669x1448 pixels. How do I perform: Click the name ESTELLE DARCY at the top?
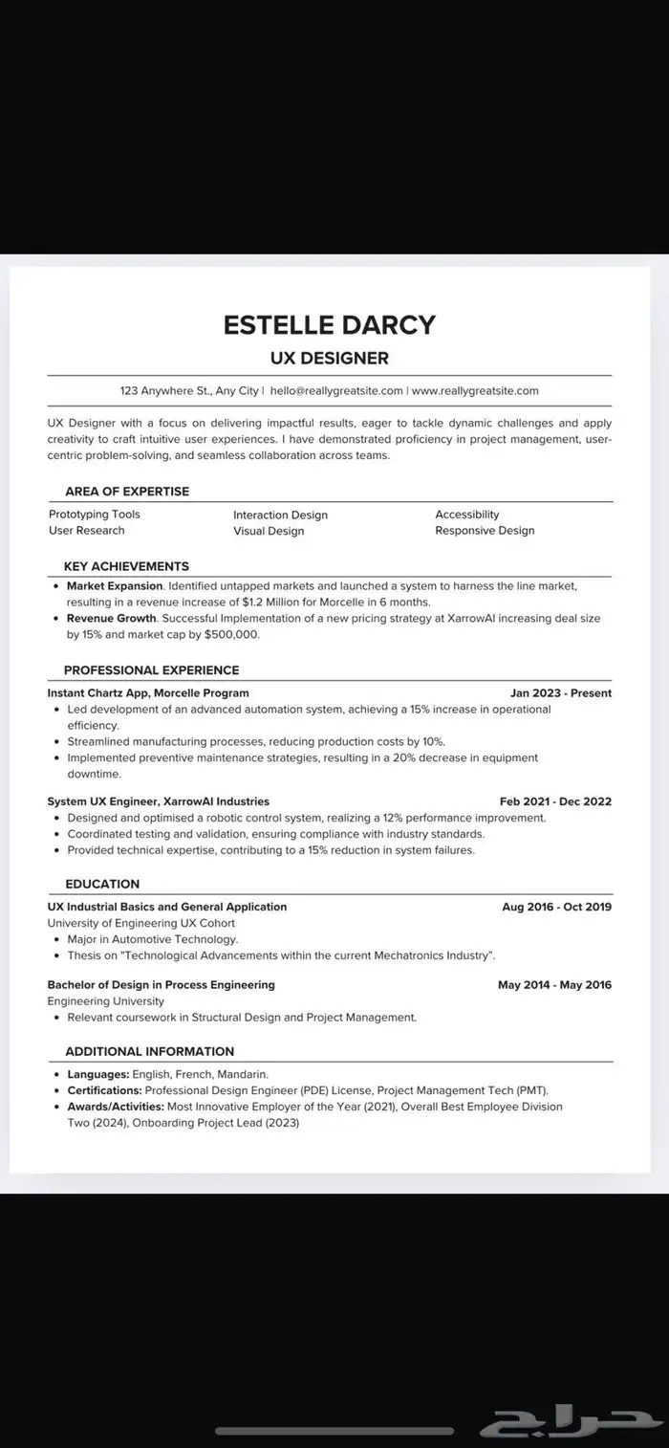pyautogui.click(x=329, y=324)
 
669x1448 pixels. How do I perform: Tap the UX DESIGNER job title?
pyautogui.click(x=330, y=359)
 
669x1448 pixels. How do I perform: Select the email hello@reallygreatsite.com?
pyautogui.click(x=336, y=390)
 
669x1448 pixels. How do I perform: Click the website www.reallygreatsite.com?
pyautogui.click(x=475, y=390)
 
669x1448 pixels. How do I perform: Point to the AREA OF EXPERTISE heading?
pyautogui.click(x=127, y=492)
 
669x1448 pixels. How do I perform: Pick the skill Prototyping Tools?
pyautogui.click(x=94, y=515)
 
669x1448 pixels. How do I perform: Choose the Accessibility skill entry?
pyautogui.click(x=467, y=515)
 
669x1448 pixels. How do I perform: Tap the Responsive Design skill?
pyautogui.click(x=485, y=531)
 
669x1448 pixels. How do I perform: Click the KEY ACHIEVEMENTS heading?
pyautogui.click(x=126, y=566)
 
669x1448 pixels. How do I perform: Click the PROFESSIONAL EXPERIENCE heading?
pyautogui.click(x=151, y=670)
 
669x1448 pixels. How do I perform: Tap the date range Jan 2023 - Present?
pyautogui.click(x=561, y=693)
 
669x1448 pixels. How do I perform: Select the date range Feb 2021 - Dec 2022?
pyautogui.click(x=555, y=801)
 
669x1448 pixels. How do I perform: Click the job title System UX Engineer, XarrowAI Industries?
pyautogui.click(x=159, y=801)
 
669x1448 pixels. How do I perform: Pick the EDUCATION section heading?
pyautogui.click(x=102, y=884)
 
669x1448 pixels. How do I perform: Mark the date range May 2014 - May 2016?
pyautogui.click(x=554, y=985)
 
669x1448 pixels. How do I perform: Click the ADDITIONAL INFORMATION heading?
pyautogui.click(x=149, y=1051)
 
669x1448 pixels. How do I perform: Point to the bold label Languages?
pyautogui.click(x=97, y=1074)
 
